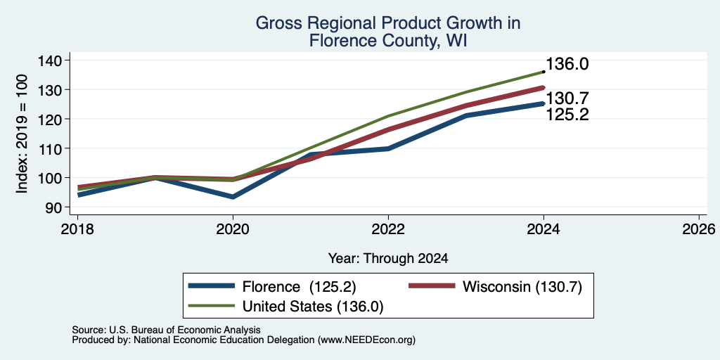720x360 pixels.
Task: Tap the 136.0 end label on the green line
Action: tap(567, 64)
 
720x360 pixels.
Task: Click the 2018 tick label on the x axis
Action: tap(77, 229)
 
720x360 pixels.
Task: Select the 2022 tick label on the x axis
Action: tap(388, 229)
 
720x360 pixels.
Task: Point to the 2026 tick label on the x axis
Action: tap(699, 229)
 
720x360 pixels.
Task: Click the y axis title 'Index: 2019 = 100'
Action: tap(22, 134)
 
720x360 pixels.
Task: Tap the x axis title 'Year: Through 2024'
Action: tap(388, 259)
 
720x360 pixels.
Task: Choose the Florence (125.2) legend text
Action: tap(299, 287)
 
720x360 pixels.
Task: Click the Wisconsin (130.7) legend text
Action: tap(522, 287)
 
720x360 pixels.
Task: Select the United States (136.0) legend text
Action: tap(312, 307)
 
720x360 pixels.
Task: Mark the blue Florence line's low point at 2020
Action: tap(233, 197)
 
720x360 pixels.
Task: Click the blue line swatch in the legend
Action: tap(212, 286)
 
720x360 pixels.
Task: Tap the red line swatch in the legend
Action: tap(432, 286)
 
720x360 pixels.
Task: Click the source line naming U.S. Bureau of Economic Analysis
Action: tap(166, 330)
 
